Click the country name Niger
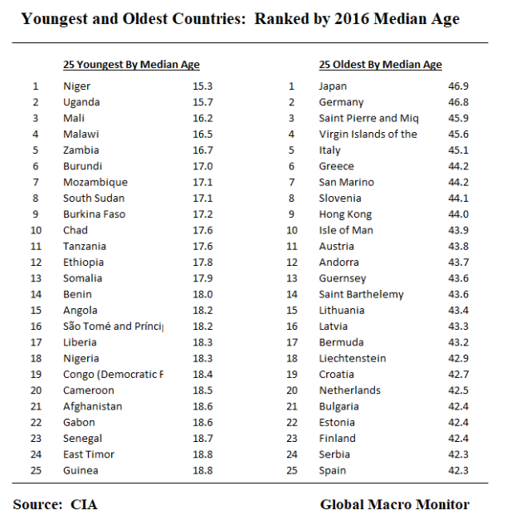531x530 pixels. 76,86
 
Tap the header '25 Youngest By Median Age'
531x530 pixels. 131,65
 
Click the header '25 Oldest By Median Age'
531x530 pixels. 380,65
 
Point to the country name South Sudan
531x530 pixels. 93,199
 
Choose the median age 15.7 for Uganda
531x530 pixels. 202,102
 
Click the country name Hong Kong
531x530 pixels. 345,214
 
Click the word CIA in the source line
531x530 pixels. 83,504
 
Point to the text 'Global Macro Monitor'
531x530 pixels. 394,504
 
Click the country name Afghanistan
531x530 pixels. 92,406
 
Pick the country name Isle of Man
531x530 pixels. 346,230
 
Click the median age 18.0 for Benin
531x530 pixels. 202,294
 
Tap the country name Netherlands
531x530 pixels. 349,390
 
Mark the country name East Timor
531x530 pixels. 89,454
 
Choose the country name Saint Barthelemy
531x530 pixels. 361,294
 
